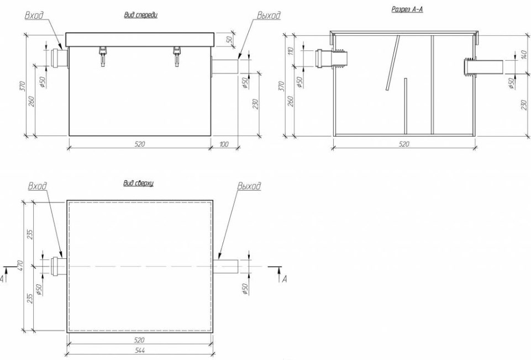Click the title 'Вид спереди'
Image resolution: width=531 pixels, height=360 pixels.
point(141,15)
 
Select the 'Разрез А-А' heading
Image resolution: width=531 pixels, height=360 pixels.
point(407,9)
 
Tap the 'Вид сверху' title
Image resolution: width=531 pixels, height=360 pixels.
point(139,184)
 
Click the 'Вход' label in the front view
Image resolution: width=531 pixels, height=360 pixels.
point(34,15)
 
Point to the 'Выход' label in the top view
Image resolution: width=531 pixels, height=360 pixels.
point(249,186)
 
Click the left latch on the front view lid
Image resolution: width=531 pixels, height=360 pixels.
point(103,55)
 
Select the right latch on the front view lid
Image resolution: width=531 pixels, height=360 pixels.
point(177,55)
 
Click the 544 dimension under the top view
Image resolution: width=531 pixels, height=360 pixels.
point(139,350)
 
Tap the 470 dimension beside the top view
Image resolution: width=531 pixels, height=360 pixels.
point(20,265)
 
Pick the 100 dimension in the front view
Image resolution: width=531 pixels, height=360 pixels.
point(224,144)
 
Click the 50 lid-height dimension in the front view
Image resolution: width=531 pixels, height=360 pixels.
point(229,39)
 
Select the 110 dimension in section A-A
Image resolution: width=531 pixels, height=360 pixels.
point(291,51)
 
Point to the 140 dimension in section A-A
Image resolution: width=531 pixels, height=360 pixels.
point(524,53)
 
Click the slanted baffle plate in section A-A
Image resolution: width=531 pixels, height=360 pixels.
point(392,63)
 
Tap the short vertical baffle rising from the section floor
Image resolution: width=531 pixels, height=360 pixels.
point(406,106)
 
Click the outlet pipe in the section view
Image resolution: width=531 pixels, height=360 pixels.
point(483,67)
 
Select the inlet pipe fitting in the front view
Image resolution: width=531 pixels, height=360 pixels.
point(60,58)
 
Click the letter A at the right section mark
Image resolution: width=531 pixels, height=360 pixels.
point(285,279)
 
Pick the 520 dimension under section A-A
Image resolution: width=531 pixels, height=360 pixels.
point(404,144)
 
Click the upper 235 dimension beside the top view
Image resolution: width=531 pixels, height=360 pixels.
point(30,234)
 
